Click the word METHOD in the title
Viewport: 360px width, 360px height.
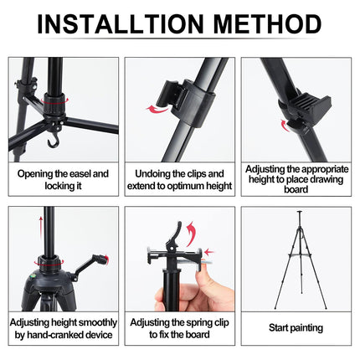pyautogui.click(x=268, y=23)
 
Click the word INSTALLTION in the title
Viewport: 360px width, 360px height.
pyautogui.click(x=121, y=23)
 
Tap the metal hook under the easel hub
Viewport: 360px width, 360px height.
pyautogui.click(x=54, y=140)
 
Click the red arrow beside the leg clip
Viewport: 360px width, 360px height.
pyautogui.click(x=158, y=109)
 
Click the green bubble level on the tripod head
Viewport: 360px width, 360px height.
pyautogui.click(x=32, y=278)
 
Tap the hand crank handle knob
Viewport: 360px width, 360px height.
pyautogui.click(x=100, y=259)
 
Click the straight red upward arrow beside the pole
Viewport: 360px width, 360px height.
pyautogui.click(x=41, y=228)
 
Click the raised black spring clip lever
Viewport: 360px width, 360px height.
pyautogui.click(x=174, y=234)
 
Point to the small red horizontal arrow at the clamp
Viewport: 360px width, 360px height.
pyautogui.click(x=209, y=252)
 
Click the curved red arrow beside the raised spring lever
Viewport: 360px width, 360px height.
pyautogui.click(x=191, y=234)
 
